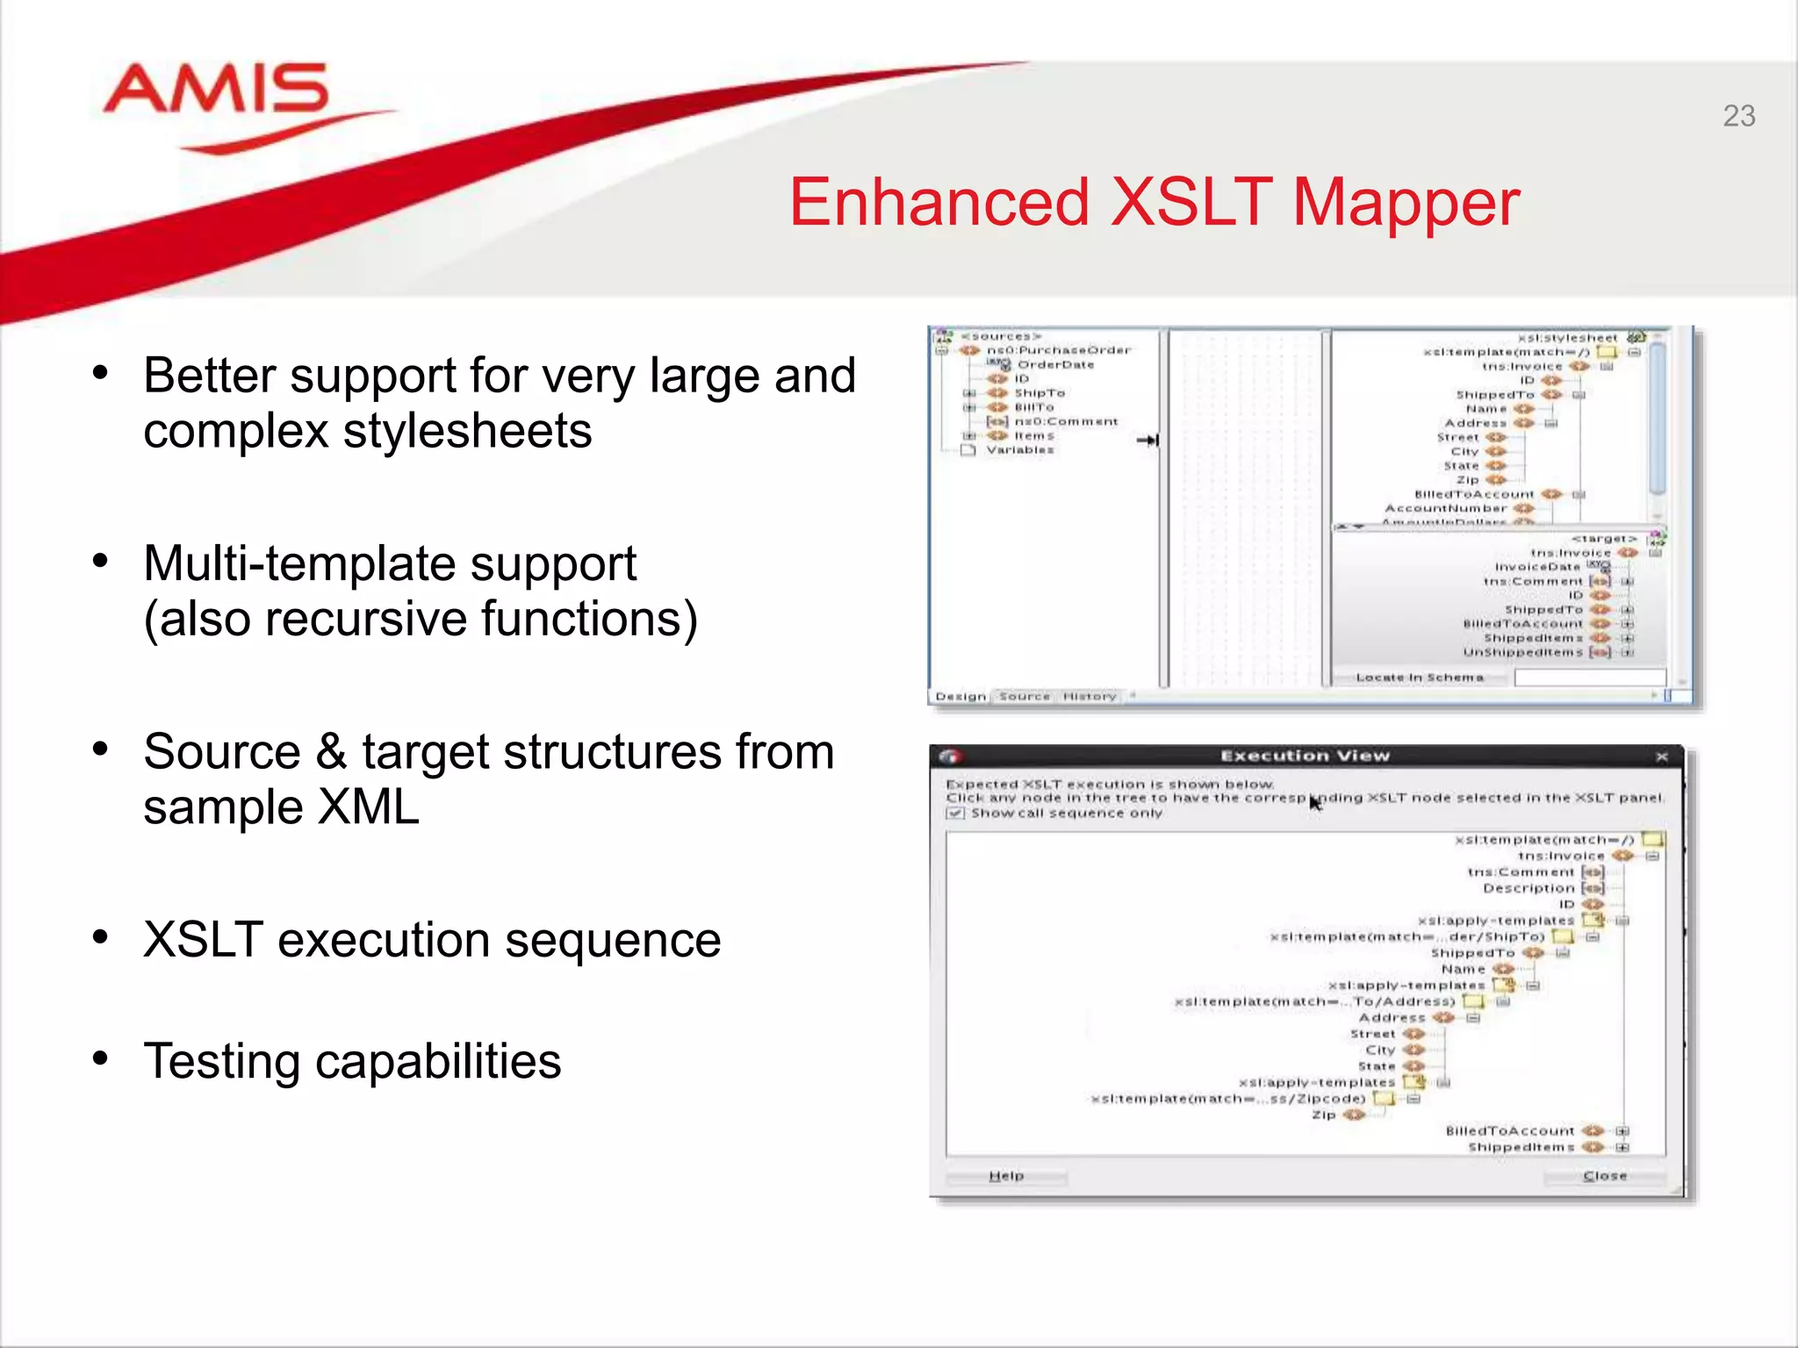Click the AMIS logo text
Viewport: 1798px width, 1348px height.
pos(216,90)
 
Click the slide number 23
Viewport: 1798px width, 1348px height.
pos(1738,116)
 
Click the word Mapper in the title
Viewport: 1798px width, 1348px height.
pos(1406,203)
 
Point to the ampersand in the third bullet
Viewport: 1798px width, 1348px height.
pos(331,753)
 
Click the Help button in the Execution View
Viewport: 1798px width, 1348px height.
pos(1006,1176)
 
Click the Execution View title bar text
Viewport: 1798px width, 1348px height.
pos(1305,756)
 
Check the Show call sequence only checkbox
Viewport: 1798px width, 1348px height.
pos(955,814)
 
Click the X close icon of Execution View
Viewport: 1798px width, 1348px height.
pos(1661,756)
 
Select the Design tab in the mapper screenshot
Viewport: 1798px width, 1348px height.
pos(960,696)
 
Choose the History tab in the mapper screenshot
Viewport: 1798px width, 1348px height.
pos(1089,696)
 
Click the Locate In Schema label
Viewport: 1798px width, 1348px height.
pos(1419,678)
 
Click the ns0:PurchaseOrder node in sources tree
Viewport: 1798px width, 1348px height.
pos(1058,350)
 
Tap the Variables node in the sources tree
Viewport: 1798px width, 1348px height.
pos(1019,450)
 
